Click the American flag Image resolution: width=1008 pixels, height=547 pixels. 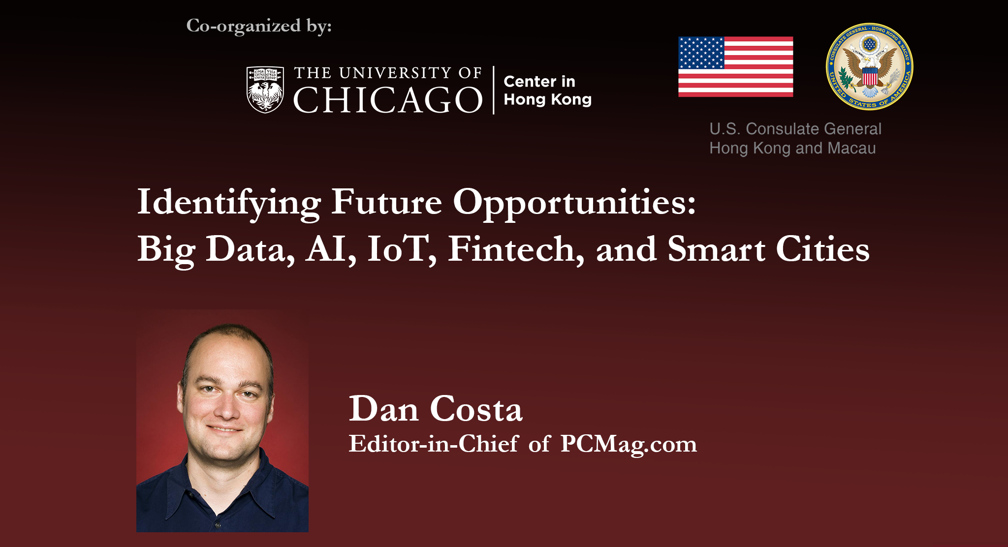tap(735, 67)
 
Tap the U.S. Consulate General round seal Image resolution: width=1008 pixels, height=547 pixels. tap(869, 66)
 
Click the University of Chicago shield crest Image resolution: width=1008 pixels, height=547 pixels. tap(265, 90)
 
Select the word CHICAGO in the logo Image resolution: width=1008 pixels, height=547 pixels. tap(388, 100)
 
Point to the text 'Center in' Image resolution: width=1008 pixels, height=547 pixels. tap(539, 81)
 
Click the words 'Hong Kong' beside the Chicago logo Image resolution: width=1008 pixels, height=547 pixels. tap(547, 99)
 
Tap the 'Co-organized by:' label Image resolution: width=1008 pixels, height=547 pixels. tap(259, 26)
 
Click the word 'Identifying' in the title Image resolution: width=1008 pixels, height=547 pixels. tap(229, 203)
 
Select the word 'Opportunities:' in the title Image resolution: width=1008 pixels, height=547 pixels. tap(574, 203)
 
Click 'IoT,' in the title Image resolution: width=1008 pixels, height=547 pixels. tap(402, 249)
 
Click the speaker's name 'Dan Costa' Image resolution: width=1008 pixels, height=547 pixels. tap(436, 409)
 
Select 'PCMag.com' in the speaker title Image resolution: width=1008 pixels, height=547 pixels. tap(629, 444)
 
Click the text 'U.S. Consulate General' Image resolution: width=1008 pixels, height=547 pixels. tap(795, 129)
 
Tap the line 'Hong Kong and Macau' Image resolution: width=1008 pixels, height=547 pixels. tap(792, 148)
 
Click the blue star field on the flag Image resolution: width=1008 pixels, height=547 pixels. tap(701, 53)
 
